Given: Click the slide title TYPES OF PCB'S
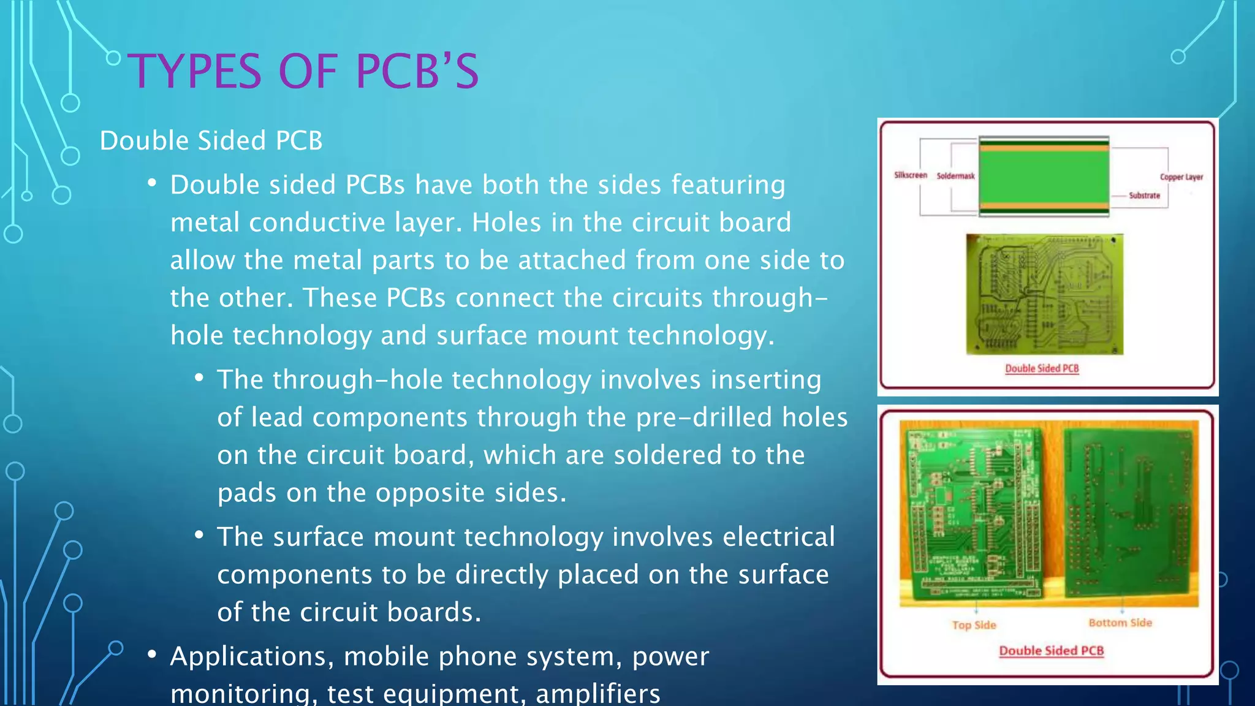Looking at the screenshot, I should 303,72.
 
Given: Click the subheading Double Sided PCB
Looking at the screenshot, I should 211,140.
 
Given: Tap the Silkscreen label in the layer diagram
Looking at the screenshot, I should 910,175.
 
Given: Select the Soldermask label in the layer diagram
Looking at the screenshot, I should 955,176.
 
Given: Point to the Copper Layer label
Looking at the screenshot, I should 1181,177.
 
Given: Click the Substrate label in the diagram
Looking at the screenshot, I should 1144,195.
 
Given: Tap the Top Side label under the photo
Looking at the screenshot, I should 974,625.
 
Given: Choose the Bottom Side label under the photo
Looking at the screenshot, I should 1120,623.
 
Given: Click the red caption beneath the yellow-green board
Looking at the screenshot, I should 1042,368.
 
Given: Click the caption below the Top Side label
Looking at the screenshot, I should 1051,650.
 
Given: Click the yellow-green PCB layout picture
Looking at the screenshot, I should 1044,294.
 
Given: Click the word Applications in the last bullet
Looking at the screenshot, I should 251,656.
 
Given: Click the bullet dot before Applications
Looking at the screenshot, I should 152,655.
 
